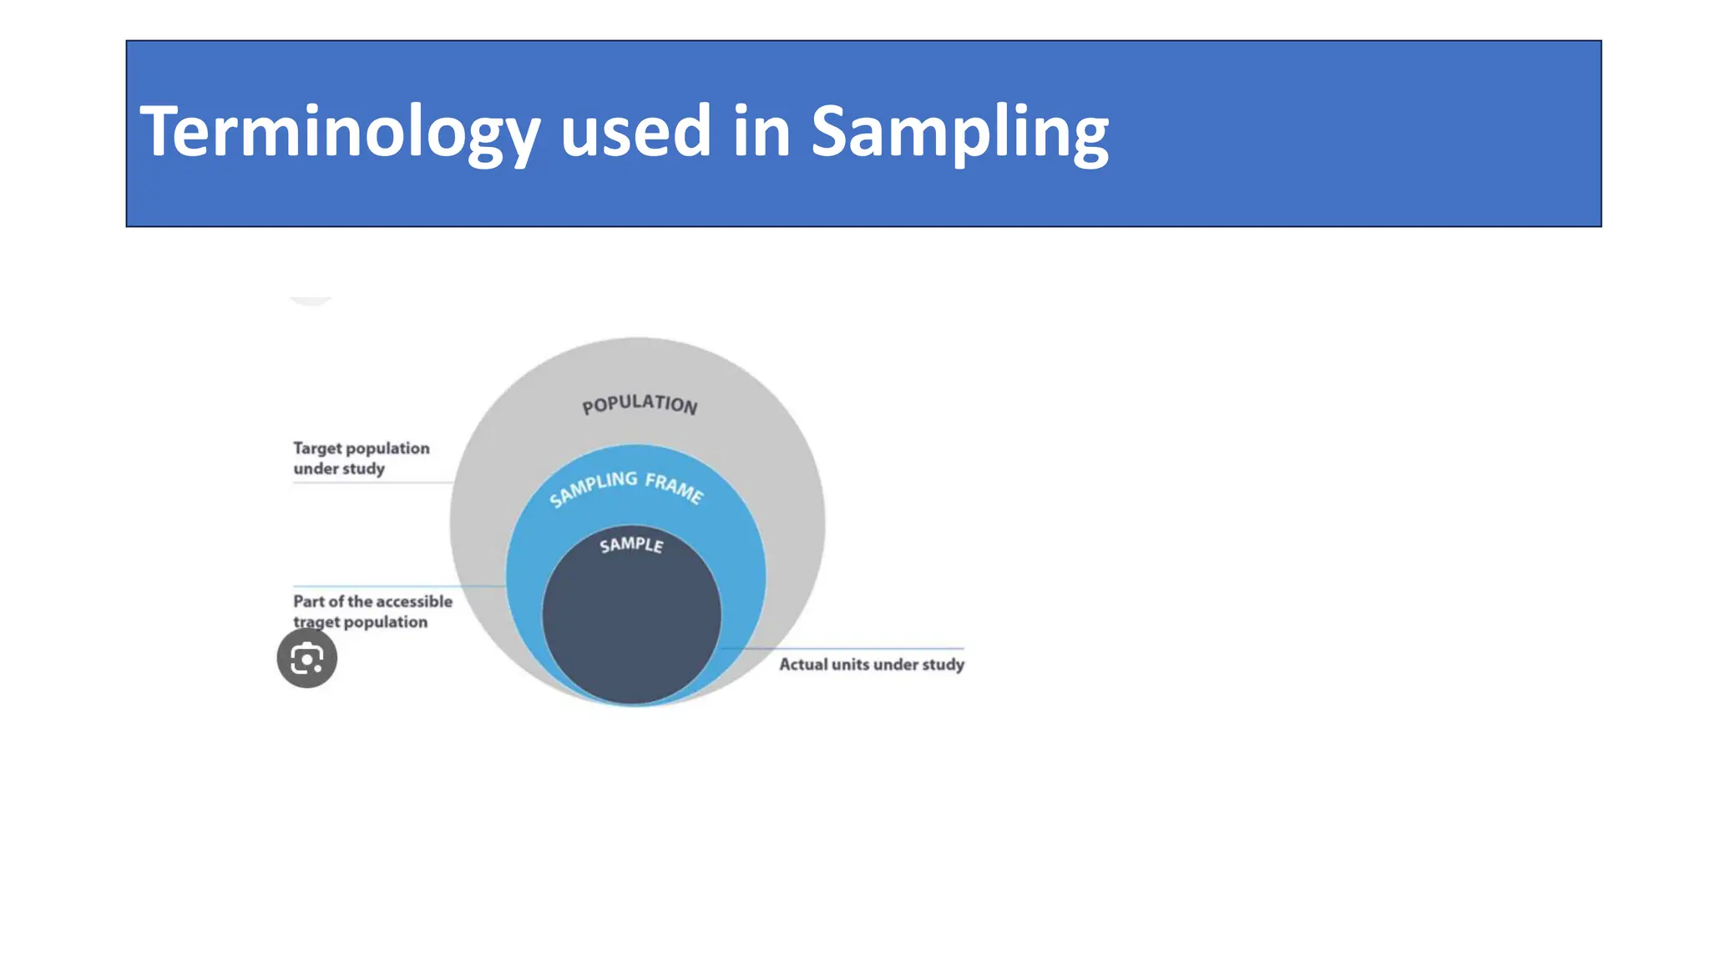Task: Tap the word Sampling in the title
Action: click(x=959, y=132)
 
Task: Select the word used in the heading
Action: click(x=635, y=132)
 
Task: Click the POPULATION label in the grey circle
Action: click(x=640, y=404)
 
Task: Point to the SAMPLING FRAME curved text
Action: click(x=626, y=488)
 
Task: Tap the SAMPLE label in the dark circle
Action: click(x=631, y=545)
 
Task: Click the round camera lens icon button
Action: click(x=307, y=658)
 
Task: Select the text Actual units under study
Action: click(x=871, y=665)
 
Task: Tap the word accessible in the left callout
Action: click(x=412, y=601)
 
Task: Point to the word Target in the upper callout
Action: click(x=317, y=448)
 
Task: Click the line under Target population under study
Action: click(x=372, y=482)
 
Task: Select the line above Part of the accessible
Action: click(x=397, y=586)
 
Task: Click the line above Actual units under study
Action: click(x=843, y=648)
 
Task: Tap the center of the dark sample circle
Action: click(x=631, y=618)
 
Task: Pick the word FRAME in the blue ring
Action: click(x=675, y=488)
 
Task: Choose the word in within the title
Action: click(x=761, y=132)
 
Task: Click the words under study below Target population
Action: click(x=339, y=468)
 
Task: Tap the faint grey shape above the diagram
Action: click(x=311, y=301)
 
